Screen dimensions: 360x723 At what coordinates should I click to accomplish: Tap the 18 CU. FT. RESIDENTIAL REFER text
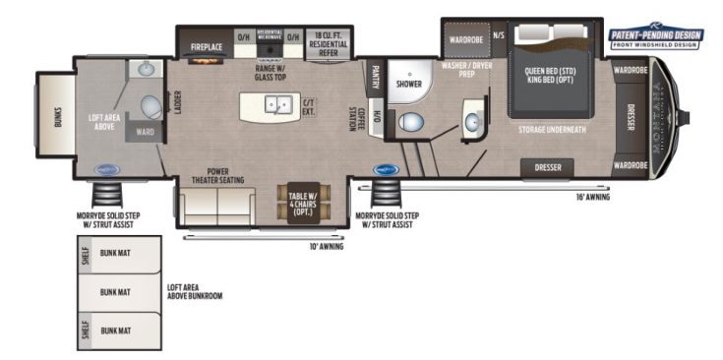coord(329,40)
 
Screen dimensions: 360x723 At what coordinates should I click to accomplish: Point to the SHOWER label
coord(409,85)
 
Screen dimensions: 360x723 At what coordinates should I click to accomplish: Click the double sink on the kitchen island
coord(280,102)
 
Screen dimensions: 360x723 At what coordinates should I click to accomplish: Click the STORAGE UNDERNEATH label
coord(554,128)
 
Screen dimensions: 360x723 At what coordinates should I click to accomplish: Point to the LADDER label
coord(178,102)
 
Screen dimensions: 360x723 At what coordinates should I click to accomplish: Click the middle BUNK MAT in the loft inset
coord(114,292)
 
